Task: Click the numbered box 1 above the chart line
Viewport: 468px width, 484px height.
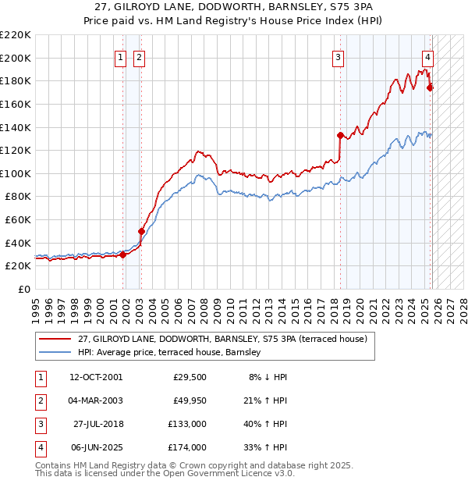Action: [x=122, y=56]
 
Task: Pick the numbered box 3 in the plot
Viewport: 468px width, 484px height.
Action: [x=339, y=56]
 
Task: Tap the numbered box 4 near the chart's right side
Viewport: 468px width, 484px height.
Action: [x=428, y=56]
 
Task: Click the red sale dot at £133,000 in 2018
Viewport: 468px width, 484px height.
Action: [x=340, y=135]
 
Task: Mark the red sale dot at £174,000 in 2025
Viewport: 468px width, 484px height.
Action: [x=430, y=87]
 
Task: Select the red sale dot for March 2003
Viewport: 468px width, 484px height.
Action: [x=141, y=231]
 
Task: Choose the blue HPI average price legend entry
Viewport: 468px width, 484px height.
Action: [x=172, y=353]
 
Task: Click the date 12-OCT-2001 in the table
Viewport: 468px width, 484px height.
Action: [x=95, y=377]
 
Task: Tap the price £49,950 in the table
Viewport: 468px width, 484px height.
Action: [x=189, y=401]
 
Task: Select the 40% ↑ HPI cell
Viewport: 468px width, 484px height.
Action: [x=265, y=425]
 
